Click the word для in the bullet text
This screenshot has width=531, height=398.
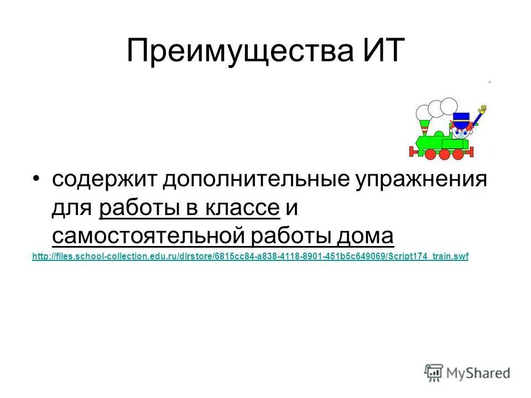click(72, 210)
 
